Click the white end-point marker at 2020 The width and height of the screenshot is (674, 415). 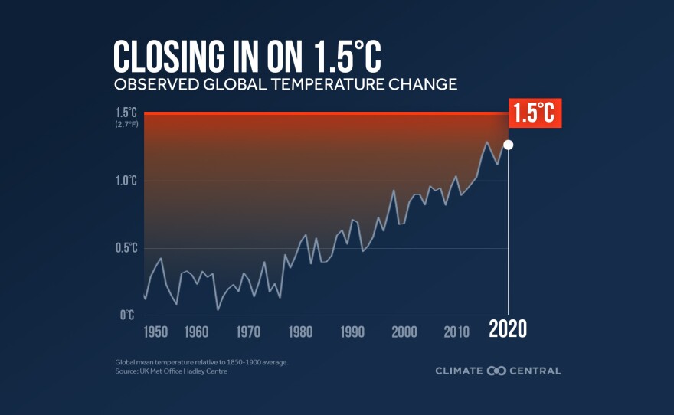coord(508,144)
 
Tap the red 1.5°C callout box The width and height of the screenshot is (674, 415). coord(535,113)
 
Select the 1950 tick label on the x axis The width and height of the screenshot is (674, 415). coord(155,332)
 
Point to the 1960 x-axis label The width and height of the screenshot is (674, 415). coord(197,332)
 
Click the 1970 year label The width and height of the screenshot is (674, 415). coord(248,332)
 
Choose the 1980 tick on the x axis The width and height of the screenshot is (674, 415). coord(300,332)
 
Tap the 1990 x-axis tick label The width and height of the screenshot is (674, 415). coord(352,332)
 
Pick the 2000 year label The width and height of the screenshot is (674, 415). coord(404,332)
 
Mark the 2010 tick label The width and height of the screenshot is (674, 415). coord(456,332)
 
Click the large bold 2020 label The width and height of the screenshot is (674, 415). coord(508,330)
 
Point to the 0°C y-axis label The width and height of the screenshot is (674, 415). coord(128,315)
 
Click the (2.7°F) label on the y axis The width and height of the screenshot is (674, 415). coord(126,124)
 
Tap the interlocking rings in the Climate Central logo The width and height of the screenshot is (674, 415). coord(496,371)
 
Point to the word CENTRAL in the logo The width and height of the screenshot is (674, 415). coord(535,371)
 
